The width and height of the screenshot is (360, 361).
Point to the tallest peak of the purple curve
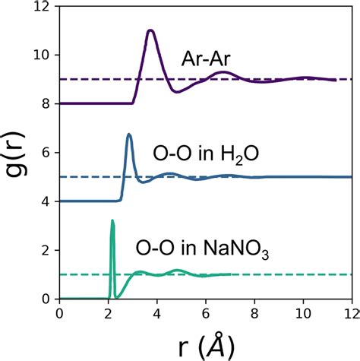pyautogui.click(x=150, y=30)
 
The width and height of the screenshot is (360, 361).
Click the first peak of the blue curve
pyautogui.click(x=129, y=135)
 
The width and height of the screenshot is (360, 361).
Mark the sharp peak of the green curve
pyautogui.click(x=112, y=220)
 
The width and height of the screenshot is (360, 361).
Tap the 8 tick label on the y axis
pyautogui.click(x=47, y=103)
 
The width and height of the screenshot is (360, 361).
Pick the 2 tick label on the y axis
pyautogui.click(x=47, y=250)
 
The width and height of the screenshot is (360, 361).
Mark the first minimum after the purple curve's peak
pyautogui.click(x=177, y=92)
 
